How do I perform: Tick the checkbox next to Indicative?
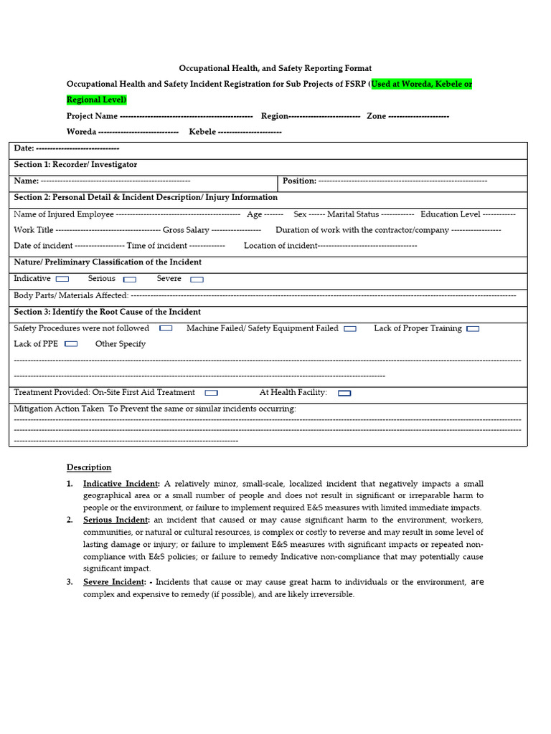point(62,279)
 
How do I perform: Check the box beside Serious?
point(130,280)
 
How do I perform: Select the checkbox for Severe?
point(197,280)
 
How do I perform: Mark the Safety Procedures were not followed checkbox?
point(166,328)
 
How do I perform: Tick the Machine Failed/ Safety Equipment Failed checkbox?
point(349,329)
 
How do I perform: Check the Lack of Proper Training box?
point(473,329)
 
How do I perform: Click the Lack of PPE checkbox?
point(71,344)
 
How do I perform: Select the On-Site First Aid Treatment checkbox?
point(211,393)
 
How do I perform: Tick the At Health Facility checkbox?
point(344,393)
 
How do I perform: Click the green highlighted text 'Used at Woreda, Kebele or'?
point(422,85)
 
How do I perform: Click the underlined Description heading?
point(89,467)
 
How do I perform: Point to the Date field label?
point(24,148)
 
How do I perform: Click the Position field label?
point(299,181)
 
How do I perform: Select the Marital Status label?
point(353,214)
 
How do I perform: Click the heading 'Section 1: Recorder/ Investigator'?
point(75,165)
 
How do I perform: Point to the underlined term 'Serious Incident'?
point(116,520)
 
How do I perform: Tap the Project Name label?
point(92,116)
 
